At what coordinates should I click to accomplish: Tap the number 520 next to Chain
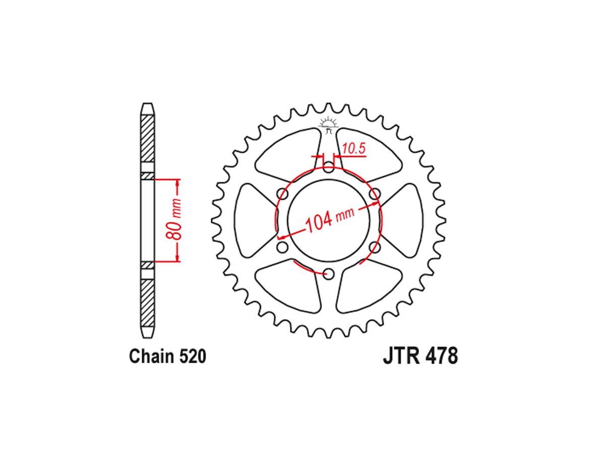click(192, 356)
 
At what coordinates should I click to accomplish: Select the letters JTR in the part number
click(399, 356)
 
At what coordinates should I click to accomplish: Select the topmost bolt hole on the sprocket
click(328, 168)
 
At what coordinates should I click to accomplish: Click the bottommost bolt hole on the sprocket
click(328, 274)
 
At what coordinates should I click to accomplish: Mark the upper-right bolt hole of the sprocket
click(374, 194)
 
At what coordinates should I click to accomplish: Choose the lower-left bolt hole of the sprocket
click(282, 247)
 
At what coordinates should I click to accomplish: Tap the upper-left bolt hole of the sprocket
click(282, 194)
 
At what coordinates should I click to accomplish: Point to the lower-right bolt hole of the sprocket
click(374, 247)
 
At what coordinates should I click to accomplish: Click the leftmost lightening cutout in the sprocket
click(252, 220)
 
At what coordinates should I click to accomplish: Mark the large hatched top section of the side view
click(147, 138)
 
